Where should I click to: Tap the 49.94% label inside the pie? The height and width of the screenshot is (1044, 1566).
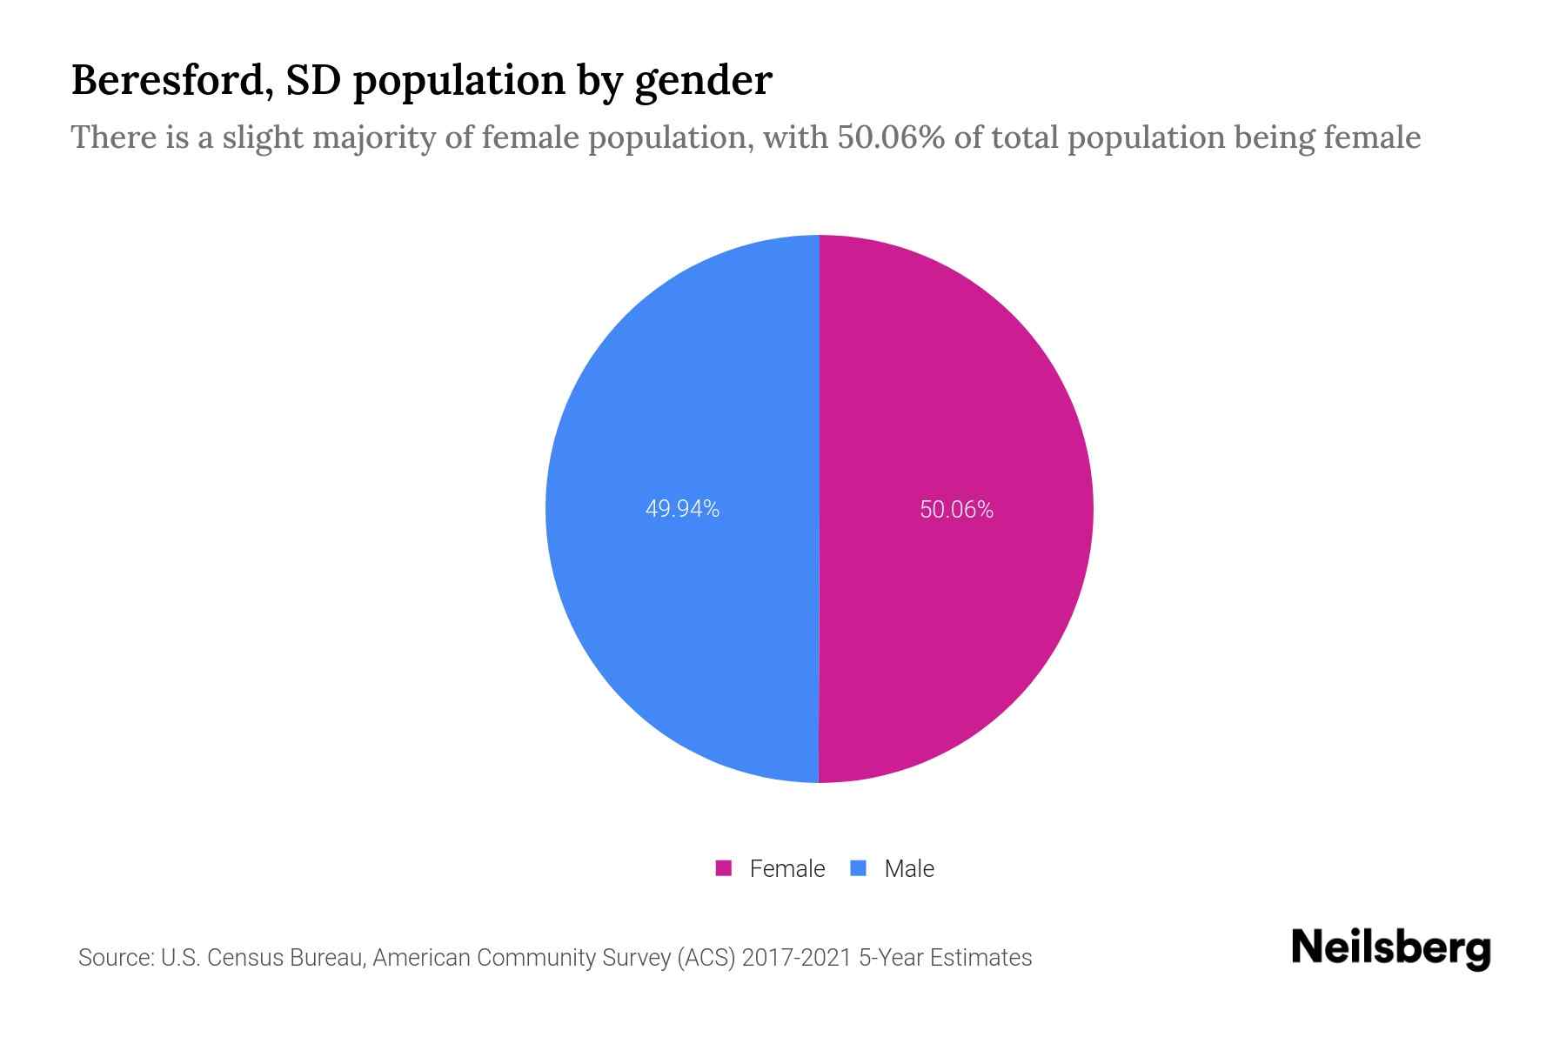pos(682,509)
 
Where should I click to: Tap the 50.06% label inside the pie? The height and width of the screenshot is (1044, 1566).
pos(956,509)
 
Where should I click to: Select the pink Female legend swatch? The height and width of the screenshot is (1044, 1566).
pos(723,868)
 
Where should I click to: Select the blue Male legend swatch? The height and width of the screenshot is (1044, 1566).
pos(859,868)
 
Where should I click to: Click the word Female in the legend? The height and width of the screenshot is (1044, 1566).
pos(786,868)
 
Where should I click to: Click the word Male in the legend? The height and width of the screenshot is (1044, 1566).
pos(909,868)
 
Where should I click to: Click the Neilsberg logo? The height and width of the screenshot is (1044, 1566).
pos(1390,948)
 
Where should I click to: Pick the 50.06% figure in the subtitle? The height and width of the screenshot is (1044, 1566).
pos(891,137)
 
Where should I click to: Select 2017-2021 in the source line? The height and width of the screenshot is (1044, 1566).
pos(796,958)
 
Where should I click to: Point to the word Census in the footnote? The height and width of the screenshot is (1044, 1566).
pos(247,958)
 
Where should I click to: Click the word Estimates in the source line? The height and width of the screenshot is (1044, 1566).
pos(980,958)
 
